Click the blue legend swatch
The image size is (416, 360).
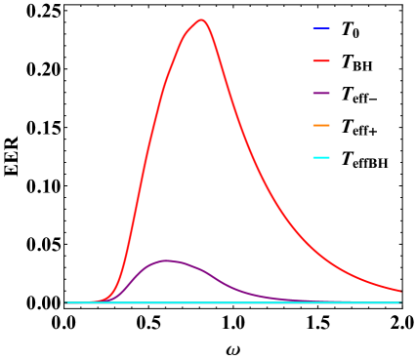point(321,28)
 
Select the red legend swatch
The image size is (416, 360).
point(321,60)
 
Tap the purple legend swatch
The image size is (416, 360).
point(321,93)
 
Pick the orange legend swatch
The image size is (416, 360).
point(321,125)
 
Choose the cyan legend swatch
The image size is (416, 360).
point(321,157)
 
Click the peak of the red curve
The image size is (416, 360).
point(201,20)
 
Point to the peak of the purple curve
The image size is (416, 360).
point(165,260)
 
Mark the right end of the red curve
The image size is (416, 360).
point(400,291)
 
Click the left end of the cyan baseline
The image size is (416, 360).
point(65,302)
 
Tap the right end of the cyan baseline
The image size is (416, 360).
point(400,302)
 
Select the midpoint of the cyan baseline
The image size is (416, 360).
point(233,302)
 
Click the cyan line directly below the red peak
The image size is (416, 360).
point(201,302)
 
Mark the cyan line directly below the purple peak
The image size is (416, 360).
point(165,302)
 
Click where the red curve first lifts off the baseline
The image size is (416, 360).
point(99,300)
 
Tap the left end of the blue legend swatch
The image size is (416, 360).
point(313,28)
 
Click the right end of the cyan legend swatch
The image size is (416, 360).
point(330,157)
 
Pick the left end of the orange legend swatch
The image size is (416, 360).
point(313,125)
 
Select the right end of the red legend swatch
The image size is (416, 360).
point(330,60)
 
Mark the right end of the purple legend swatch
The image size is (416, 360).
point(330,93)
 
